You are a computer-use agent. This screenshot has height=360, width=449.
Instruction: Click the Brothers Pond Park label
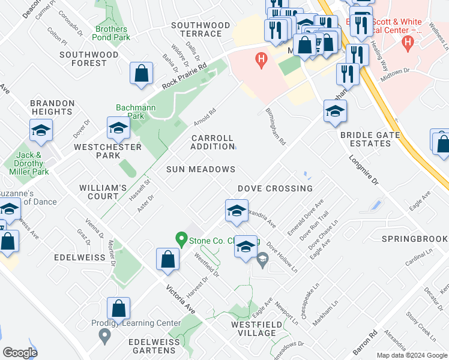[112, 33]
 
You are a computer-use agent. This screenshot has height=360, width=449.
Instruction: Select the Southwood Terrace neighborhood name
[200, 29]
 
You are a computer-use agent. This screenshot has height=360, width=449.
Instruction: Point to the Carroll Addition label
[212, 142]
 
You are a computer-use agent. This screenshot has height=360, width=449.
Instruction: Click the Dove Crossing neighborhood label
[275, 188]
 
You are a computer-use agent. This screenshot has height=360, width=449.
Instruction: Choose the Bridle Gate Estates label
[370, 139]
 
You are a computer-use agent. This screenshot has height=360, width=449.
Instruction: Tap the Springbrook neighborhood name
[414, 239]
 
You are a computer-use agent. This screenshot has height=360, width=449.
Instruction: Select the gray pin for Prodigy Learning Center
[105, 336]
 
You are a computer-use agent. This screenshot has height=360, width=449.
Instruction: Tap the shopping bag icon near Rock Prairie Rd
[140, 74]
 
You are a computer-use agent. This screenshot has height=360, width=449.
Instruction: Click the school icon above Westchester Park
[118, 127]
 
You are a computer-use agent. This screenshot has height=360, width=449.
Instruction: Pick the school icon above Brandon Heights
[41, 130]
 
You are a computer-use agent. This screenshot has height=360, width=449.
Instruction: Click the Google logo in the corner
[20, 353]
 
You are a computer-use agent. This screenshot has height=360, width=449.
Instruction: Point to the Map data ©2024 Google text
[411, 355]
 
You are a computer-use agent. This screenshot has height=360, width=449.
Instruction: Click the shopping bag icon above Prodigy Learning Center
[119, 308]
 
